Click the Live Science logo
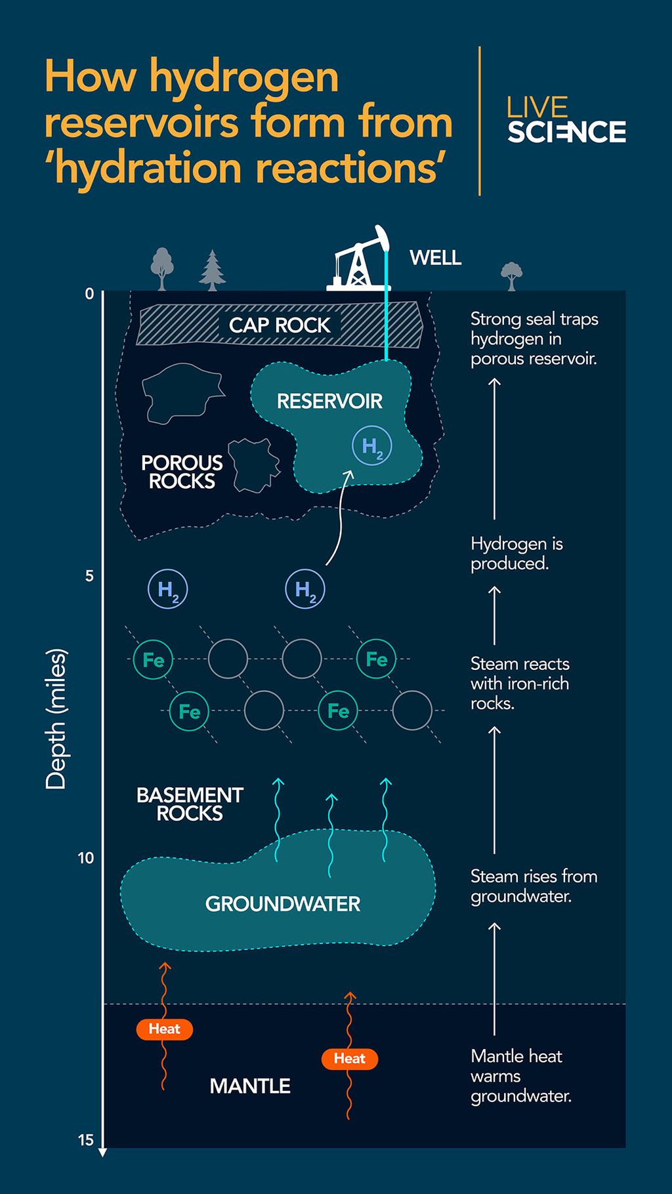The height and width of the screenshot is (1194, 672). (566, 120)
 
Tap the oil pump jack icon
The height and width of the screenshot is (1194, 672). (358, 260)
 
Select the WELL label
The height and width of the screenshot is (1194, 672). (435, 258)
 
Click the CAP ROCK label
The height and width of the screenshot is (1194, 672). (280, 325)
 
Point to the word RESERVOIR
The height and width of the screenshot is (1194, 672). (329, 401)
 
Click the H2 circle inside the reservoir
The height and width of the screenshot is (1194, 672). (372, 446)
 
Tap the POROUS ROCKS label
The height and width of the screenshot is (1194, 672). (182, 472)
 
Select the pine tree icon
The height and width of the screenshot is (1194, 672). (212, 270)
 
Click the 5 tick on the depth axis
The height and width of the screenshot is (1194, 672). (89, 576)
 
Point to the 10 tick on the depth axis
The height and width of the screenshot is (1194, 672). (86, 857)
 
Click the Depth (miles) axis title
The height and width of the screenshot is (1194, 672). (56, 718)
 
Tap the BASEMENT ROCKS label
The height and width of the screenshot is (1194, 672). (190, 804)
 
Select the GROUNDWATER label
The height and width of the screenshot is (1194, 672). (283, 904)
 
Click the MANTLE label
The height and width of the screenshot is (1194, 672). (250, 1086)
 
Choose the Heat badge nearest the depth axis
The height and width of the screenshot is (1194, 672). (164, 1029)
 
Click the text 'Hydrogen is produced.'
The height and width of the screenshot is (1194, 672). (516, 554)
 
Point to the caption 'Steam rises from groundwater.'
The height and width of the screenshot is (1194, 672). (534, 886)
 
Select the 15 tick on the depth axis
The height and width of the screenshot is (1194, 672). (86, 1140)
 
